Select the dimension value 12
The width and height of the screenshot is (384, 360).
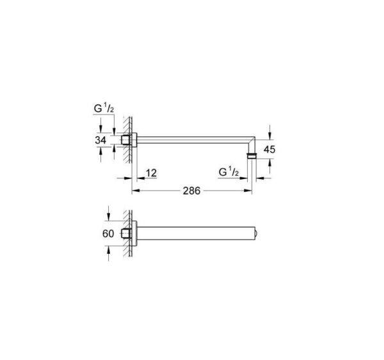pos(151,173)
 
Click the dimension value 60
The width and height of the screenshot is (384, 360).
pos(108,233)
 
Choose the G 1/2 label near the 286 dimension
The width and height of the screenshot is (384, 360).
pos(228,173)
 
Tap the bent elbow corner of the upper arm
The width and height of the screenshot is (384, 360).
pos(253,140)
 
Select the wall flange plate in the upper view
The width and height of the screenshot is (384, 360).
pos(134,139)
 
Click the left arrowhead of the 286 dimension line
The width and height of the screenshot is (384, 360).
pos(135,191)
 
